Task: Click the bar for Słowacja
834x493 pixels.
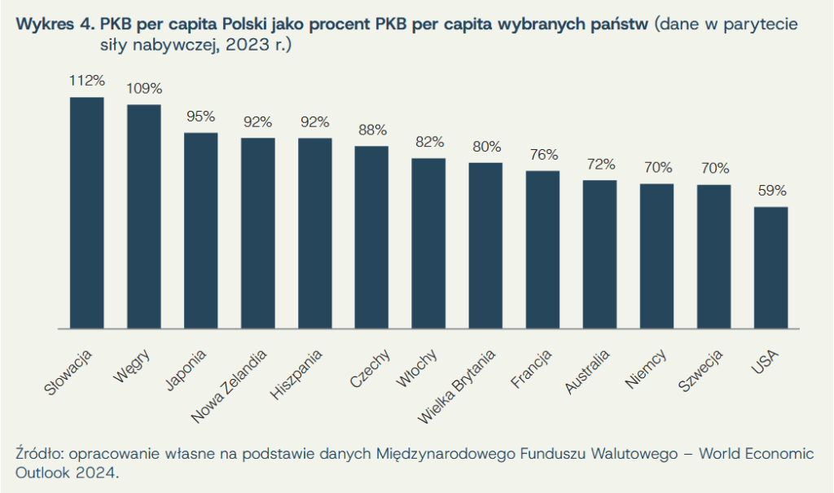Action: tap(86, 213)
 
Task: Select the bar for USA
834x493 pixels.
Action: tap(770, 267)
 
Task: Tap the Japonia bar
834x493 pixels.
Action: tap(200, 231)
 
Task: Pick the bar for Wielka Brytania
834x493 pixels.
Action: tap(485, 245)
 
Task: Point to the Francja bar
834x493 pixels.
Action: tap(542, 249)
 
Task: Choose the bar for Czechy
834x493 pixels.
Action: tap(371, 237)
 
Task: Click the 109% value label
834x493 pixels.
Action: tap(144, 88)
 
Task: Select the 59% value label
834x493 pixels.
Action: tap(770, 191)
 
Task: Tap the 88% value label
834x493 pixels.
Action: tap(371, 130)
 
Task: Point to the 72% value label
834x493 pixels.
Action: tap(599, 164)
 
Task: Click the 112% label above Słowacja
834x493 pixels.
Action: tap(87, 81)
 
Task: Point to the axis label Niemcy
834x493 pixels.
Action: tap(647, 368)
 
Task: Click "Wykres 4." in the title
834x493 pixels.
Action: tap(53, 24)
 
